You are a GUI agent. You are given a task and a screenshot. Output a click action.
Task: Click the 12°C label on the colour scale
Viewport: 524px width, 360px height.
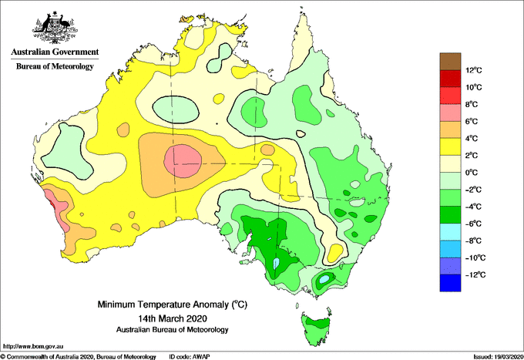click(x=474, y=70)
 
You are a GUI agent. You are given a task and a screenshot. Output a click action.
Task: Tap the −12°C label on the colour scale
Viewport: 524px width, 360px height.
click(x=474, y=274)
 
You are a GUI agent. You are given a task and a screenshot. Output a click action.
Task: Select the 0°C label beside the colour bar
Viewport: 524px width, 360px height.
click(x=472, y=173)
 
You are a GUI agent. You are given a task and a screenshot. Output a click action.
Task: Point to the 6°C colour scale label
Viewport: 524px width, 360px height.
click(x=472, y=121)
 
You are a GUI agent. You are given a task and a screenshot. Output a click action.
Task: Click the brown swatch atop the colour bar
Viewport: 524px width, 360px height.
click(x=450, y=62)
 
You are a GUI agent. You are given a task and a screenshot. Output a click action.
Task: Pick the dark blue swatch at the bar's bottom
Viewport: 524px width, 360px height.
click(x=450, y=283)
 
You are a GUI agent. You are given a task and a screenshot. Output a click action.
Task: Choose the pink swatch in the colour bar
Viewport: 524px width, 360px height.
click(x=450, y=113)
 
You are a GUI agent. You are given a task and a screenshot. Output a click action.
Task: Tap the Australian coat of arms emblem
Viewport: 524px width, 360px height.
click(x=55, y=28)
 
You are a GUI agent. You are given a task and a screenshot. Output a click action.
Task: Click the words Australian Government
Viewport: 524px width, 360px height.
click(x=55, y=52)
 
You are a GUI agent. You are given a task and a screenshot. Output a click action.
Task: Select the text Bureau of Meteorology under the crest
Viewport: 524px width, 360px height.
click(x=55, y=66)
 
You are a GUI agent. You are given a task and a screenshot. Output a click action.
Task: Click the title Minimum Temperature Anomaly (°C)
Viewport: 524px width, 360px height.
click(x=173, y=304)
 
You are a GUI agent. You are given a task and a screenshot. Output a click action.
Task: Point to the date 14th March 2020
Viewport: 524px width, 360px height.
click(x=173, y=318)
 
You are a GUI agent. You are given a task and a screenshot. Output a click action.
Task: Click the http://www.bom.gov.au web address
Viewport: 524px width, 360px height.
click(x=33, y=347)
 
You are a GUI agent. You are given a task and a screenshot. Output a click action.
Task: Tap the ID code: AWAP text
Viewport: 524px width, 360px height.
click(x=190, y=357)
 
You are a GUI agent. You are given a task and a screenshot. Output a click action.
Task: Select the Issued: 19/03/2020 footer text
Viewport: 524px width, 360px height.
click(x=498, y=357)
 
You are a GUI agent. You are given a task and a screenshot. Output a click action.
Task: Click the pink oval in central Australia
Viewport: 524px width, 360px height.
click(x=183, y=161)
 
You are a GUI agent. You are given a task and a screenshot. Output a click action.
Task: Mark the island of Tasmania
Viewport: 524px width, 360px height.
click(x=316, y=328)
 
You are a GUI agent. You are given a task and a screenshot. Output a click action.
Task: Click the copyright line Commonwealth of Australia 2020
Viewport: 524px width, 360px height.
click(x=79, y=357)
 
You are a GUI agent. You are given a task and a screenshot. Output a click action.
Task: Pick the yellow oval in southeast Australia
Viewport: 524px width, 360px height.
click(x=335, y=253)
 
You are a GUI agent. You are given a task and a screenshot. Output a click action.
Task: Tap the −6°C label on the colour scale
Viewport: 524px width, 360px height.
click(x=473, y=224)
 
